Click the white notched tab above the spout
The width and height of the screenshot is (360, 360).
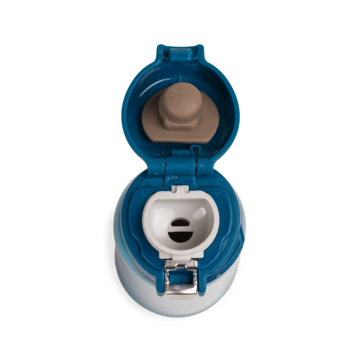click(179, 191)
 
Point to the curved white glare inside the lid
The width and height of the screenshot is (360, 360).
click(149, 90)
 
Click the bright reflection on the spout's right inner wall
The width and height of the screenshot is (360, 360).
click(201, 214)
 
